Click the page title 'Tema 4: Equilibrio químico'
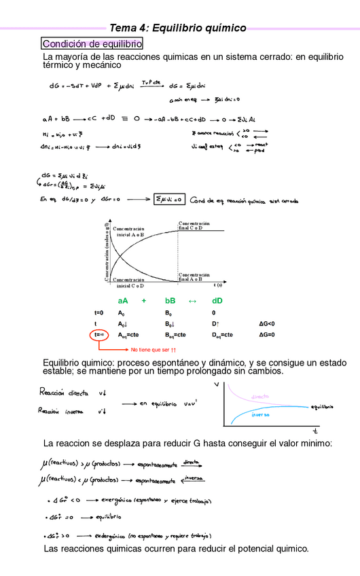(x=178, y=28)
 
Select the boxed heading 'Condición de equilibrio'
(x=92, y=43)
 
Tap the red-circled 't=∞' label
(x=99, y=335)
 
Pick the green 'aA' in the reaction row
(x=122, y=300)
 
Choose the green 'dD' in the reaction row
(x=217, y=300)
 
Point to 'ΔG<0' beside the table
(x=267, y=324)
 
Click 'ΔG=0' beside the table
(x=267, y=335)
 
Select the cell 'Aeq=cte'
(x=128, y=335)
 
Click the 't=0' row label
(x=99, y=312)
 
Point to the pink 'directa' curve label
(x=259, y=397)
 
